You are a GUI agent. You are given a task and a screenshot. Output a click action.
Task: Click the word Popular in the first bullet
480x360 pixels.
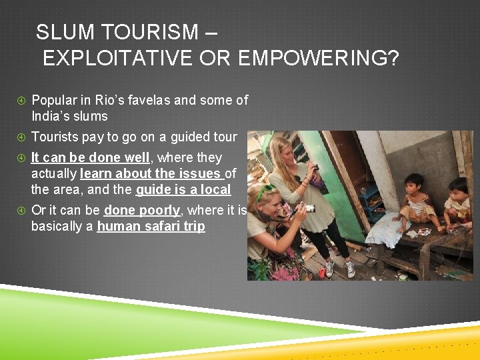[x=55, y=101]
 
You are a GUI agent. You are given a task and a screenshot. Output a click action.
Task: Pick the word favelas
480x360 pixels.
[x=149, y=101]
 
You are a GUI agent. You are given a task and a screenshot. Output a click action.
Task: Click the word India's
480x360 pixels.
[x=51, y=117]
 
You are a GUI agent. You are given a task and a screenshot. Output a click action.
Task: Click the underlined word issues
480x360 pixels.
[x=199, y=174]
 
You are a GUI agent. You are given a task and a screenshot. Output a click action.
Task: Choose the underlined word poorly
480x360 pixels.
[x=159, y=211]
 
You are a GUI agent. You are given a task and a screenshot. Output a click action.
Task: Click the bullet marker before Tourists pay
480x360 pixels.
[x=21, y=137]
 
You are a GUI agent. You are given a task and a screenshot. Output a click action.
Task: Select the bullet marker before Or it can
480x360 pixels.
[x=21, y=211]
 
